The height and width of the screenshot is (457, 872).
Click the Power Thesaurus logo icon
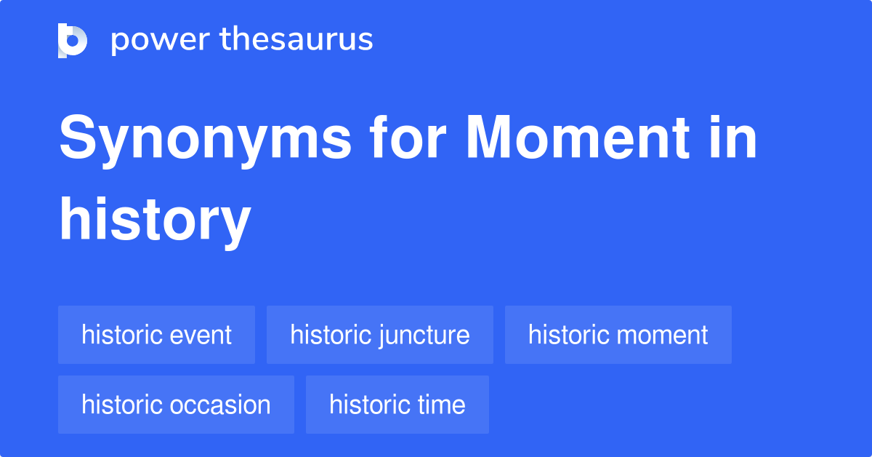click(x=73, y=40)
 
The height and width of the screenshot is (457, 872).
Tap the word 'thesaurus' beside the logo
click(x=297, y=39)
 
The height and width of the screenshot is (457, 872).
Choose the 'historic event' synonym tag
click(x=156, y=335)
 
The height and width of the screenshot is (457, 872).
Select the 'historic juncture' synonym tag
click(x=379, y=335)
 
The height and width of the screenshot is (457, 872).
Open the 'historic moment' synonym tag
click(x=618, y=335)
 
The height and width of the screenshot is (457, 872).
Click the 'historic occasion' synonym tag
click(x=176, y=405)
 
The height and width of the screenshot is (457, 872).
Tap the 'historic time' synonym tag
click(x=397, y=405)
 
